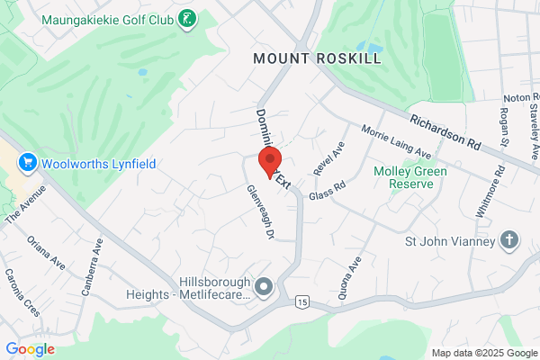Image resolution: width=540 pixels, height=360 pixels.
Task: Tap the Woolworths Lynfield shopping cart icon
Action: (x=27, y=162)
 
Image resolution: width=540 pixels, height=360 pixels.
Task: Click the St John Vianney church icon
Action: (x=509, y=240)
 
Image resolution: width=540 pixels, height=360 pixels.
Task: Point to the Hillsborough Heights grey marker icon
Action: (x=264, y=287)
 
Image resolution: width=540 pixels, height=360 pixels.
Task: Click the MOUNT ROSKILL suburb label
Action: (x=317, y=58)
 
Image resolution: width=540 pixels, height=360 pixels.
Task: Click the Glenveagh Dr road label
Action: (x=260, y=212)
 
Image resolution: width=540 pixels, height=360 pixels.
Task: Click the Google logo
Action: (x=30, y=349)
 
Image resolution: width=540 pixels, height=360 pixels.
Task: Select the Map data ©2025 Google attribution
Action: (x=482, y=352)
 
